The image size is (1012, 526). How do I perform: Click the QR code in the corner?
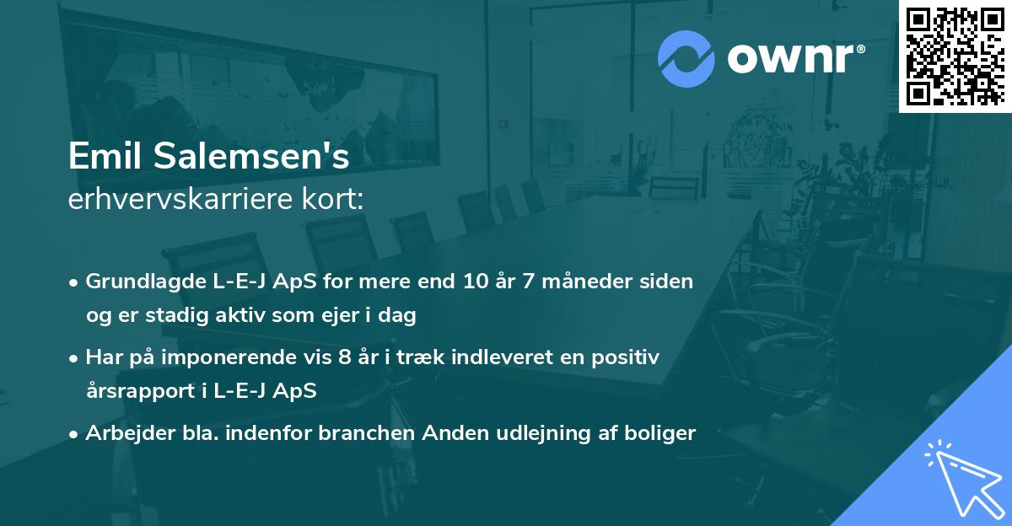tap(955, 56)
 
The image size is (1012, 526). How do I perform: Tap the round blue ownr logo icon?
tap(686, 59)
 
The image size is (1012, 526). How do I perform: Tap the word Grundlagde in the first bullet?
tap(134, 282)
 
